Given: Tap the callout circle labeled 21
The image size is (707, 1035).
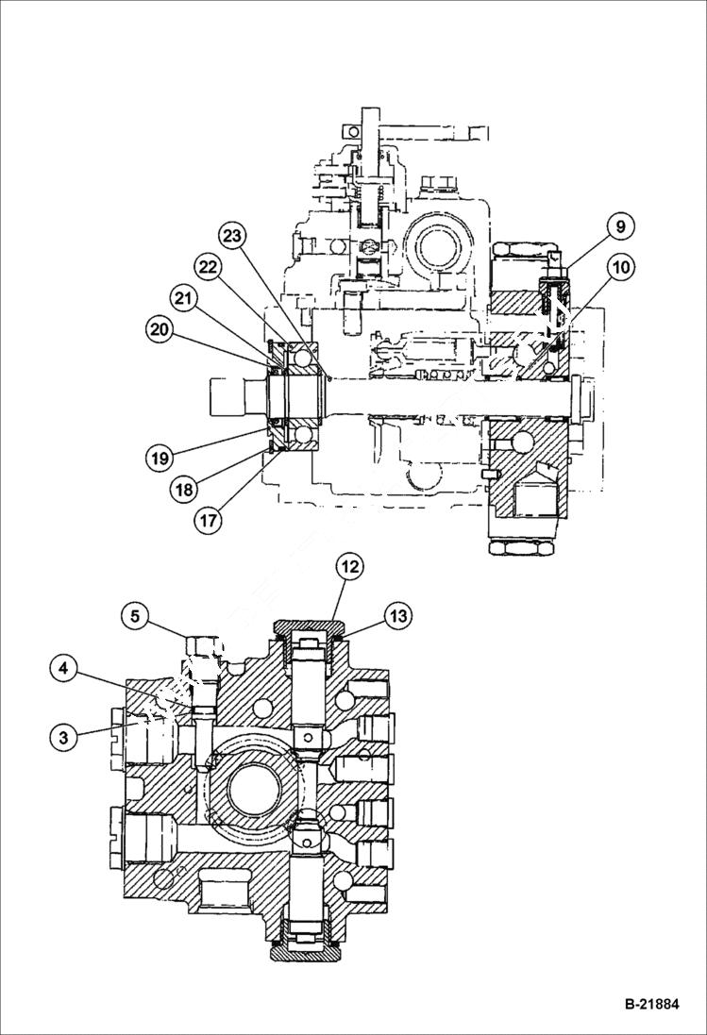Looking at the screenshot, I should coord(186,299).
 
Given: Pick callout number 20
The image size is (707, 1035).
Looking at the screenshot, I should coord(161,330).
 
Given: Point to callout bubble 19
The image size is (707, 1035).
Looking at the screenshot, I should coord(160,459).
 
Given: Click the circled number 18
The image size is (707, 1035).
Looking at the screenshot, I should coord(185,489).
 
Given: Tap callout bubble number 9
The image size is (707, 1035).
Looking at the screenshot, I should coord(620,226).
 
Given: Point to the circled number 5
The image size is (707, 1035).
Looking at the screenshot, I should coord(136,617).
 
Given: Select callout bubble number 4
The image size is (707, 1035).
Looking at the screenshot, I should coord(64,670).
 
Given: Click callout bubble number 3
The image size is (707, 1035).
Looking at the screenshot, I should coord(63,737).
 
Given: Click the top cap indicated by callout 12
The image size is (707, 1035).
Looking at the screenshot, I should coord(306,627).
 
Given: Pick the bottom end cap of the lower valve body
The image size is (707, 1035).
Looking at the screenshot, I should coord(306,951).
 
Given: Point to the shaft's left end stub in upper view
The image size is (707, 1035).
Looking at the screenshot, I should coord(232,393).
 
